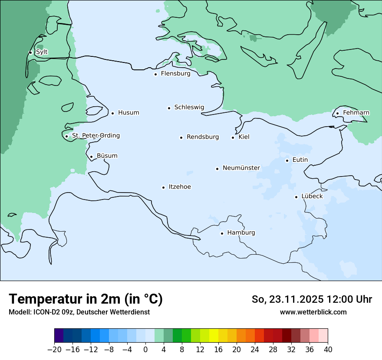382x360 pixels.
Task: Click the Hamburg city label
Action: pos(241,233)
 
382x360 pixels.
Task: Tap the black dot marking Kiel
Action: pos(233,137)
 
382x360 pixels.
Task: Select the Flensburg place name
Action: pos(175,74)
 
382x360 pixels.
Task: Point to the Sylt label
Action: pos(42,52)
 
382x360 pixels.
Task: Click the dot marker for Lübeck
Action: pos(296,197)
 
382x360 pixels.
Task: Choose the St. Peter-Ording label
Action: pos(95,136)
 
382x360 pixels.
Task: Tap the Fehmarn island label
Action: pos(356,113)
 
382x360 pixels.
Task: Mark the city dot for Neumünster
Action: pos(217,169)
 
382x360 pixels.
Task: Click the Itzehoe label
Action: pos(179,187)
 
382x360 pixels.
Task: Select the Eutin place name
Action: pos(300,160)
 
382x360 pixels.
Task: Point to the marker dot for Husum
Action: pos(112,113)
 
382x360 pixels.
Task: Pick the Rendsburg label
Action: pos(203,137)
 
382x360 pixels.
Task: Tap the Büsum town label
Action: pos(107,156)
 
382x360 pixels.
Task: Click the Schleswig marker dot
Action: pos(169,108)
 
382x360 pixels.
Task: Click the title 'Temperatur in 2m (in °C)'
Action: pos(86,299)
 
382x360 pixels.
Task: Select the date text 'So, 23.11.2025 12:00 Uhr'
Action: pos(312,299)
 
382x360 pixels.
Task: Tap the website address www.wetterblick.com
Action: pos(313,312)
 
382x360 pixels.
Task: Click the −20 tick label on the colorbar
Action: pos(54,350)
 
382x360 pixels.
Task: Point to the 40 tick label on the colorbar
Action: pos(328,350)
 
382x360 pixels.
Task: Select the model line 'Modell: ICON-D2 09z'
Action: pos(79,312)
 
